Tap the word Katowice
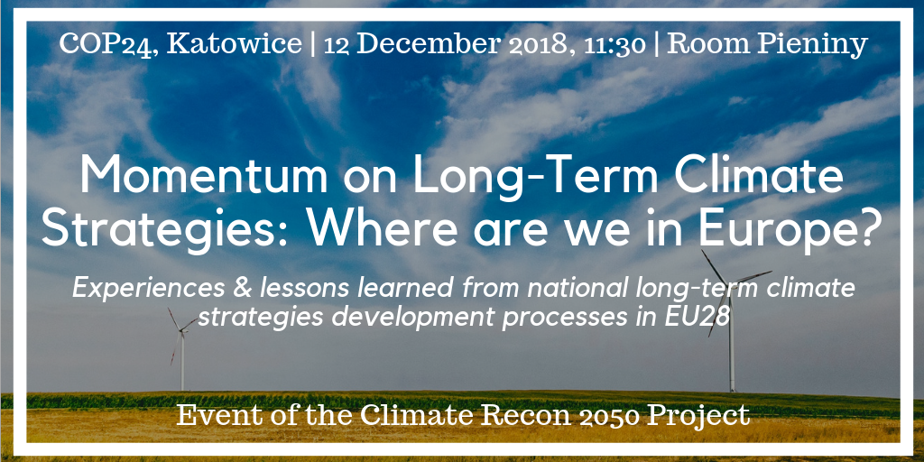pyautogui.click(x=234, y=44)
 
